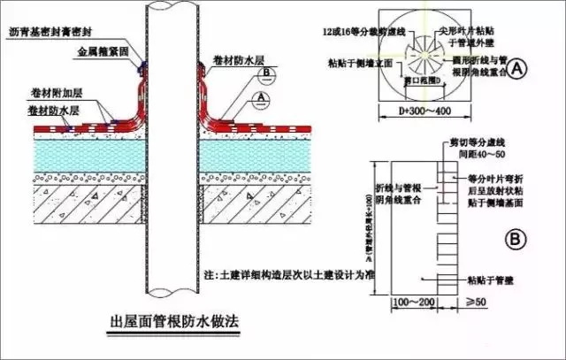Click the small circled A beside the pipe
tap(260, 94)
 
